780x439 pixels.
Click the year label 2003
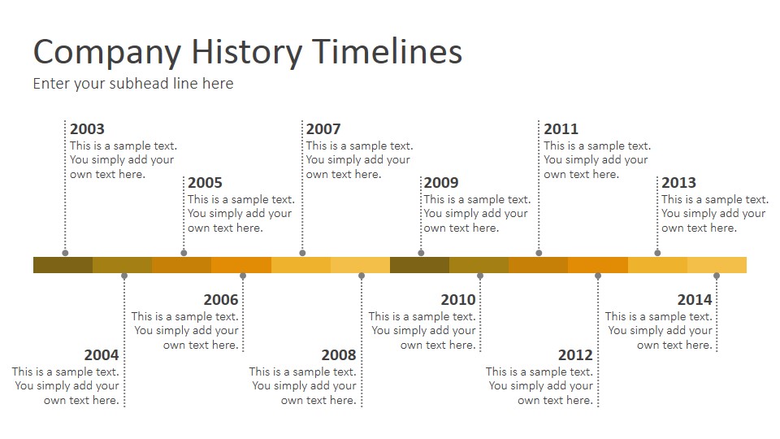click(x=87, y=129)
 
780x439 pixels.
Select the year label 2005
click(x=205, y=183)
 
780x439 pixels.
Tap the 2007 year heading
click(x=323, y=129)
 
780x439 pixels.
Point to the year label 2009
click(x=441, y=183)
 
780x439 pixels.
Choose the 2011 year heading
click(x=561, y=129)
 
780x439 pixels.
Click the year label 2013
click(x=679, y=183)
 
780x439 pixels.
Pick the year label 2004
click(x=102, y=355)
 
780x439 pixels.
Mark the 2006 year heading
click(x=221, y=300)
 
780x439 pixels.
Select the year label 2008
click(x=339, y=355)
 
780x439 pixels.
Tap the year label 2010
click(x=458, y=300)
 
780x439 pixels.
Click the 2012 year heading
click(x=575, y=355)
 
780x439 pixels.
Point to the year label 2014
click(x=695, y=300)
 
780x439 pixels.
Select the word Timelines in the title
click(x=388, y=51)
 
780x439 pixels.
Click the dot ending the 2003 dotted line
click(x=65, y=253)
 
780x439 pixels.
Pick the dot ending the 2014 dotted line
click(x=717, y=276)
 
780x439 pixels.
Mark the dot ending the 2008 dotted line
click(x=362, y=276)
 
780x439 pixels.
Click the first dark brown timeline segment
click(x=63, y=265)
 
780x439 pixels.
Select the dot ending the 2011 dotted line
click(x=539, y=253)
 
